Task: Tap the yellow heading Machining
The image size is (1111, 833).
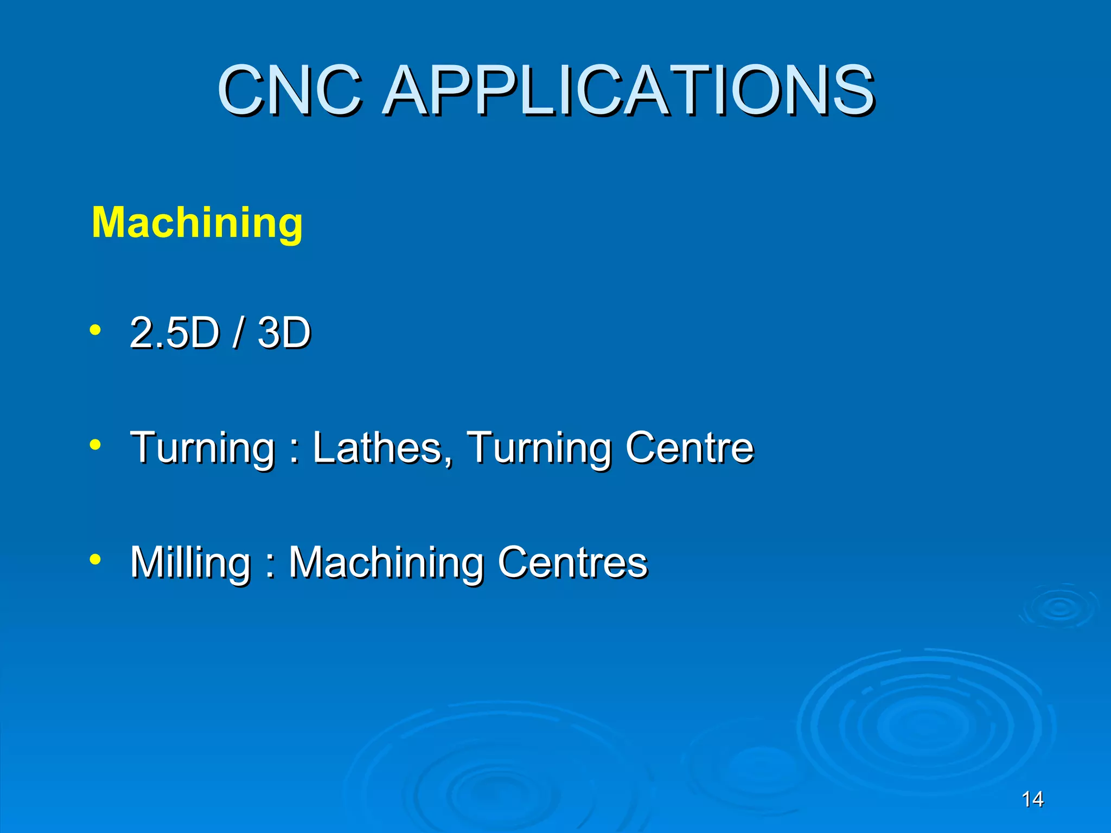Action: click(197, 222)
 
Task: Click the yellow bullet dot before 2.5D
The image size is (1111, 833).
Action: click(95, 330)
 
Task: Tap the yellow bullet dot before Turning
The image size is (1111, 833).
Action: click(95, 445)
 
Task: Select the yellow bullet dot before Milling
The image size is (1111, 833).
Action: click(95, 560)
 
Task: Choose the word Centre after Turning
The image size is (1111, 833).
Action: click(689, 447)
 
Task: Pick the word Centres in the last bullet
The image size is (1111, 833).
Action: click(572, 562)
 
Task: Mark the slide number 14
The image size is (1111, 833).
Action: click(1032, 799)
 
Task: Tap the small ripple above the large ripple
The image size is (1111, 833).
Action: click(1058, 607)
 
